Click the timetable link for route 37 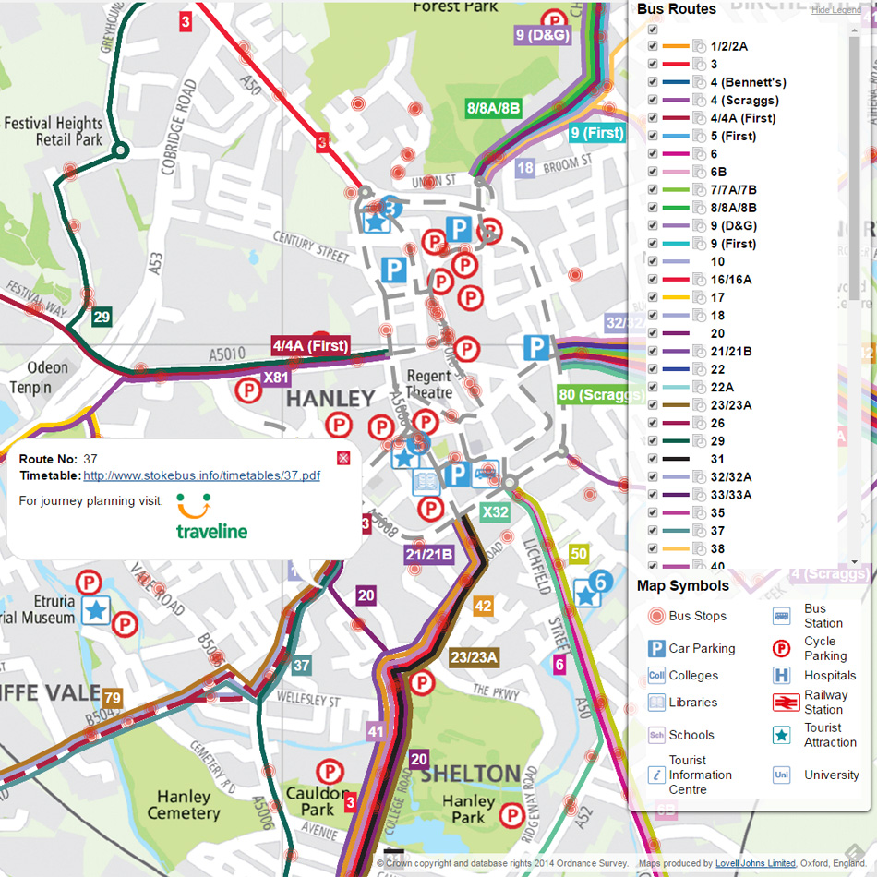(201, 475)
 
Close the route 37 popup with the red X (343, 458)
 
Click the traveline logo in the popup (211, 519)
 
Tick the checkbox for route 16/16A (654, 280)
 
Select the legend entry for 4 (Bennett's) (748, 82)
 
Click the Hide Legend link (835, 10)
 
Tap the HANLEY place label (330, 399)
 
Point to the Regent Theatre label (428, 384)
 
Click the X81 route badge (276, 378)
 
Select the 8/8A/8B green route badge (494, 108)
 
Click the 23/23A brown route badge (474, 657)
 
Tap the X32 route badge (495, 512)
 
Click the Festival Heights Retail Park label (54, 131)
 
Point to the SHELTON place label (470, 774)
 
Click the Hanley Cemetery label (184, 804)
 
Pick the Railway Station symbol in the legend (786, 703)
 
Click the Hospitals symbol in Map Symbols (782, 676)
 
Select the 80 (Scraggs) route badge (600, 395)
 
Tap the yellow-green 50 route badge (579, 554)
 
